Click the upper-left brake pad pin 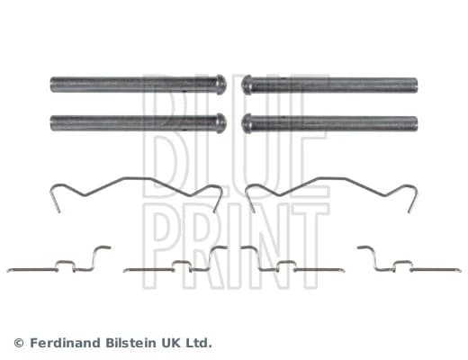click(x=138, y=85)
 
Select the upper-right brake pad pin click(x=329, y=85)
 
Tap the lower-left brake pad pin click(x=138, y=123)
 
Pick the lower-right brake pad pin click(x=329, y=123)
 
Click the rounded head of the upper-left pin click(x=221, y=85)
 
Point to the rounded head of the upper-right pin click(x=247, y=85)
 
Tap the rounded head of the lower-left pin click(x=221, y=123)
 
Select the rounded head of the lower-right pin click(x=247, y=123)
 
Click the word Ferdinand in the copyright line click(x=66, y=343)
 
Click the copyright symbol click(x=19, y=343)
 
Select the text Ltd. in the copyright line click(x=198, y=343)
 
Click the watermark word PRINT click(x=236, y=246)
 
